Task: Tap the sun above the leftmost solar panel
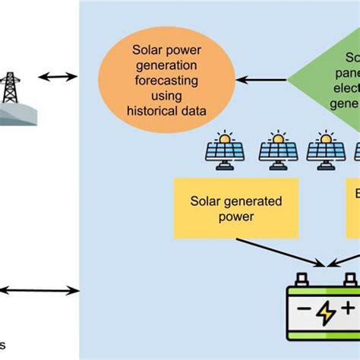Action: (x=226, y=139)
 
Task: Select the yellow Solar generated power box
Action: (x=224, y=207)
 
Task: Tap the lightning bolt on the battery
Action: (x=326, y=312)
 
